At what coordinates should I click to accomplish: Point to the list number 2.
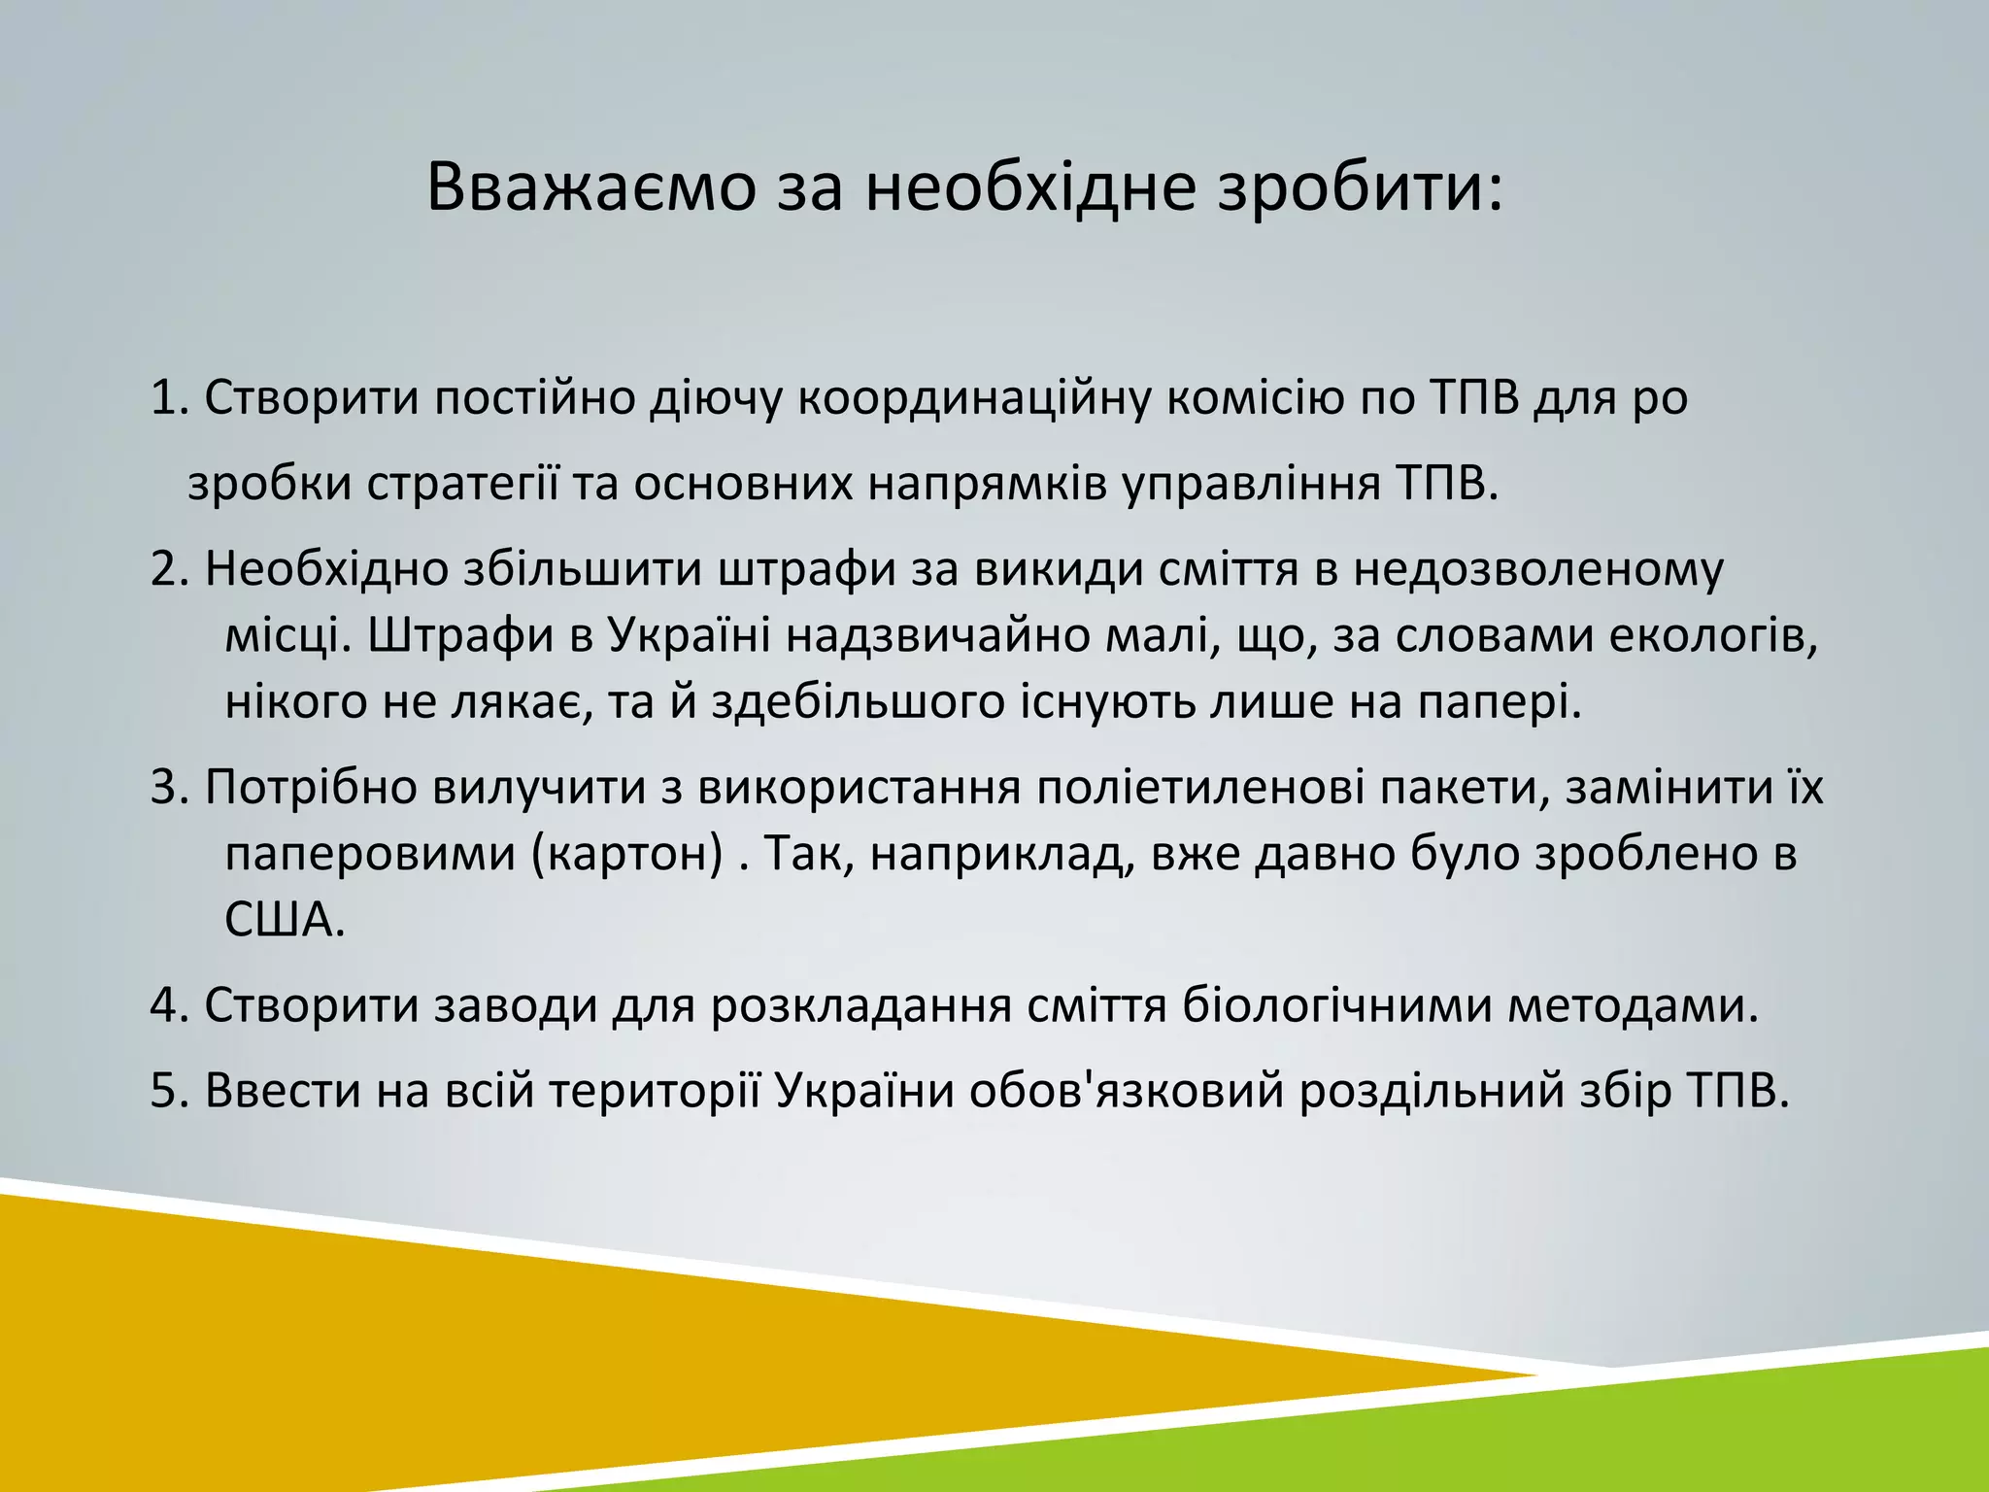pyautogui.click(x=168, y=570)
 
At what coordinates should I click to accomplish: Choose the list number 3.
pyautogui.click(x=168, y=787)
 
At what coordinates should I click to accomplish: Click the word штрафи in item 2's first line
pyautogui.click(x=805, y=570)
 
